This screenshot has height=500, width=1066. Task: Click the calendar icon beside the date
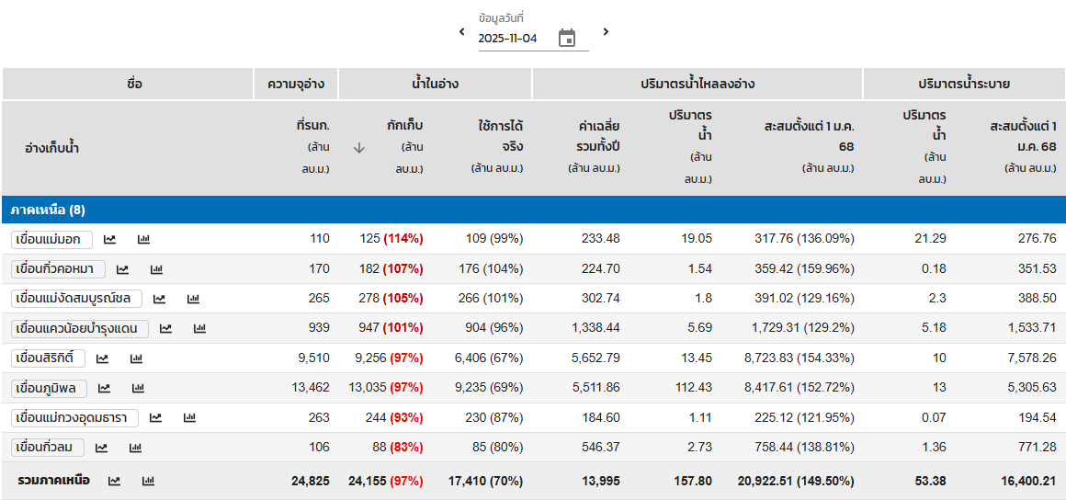point(567,38)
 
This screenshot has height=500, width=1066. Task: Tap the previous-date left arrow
point(462,32)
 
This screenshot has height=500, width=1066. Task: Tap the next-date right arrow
point(606,32)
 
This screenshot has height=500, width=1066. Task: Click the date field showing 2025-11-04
point(508,39)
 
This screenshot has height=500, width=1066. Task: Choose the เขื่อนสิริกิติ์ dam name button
point(48,358)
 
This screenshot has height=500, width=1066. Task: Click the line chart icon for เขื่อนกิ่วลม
point(101,448)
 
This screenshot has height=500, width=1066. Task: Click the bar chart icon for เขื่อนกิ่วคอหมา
point(156,269)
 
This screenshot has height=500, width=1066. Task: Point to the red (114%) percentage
point(403,239)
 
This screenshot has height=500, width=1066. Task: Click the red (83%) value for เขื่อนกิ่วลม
point(406,448)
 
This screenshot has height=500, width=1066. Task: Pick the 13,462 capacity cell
point(311,388)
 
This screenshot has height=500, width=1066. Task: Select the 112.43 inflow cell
point(694,388)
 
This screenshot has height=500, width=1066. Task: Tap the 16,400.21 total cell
point(1023,481)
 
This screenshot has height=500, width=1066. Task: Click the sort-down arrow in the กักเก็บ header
point(359,147)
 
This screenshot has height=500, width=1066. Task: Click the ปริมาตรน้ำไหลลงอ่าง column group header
point(697,84)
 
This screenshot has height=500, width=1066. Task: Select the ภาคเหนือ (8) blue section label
point(48,210)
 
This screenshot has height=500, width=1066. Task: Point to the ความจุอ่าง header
point(296,84)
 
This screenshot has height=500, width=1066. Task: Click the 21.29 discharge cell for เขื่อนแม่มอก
point(931,239)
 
